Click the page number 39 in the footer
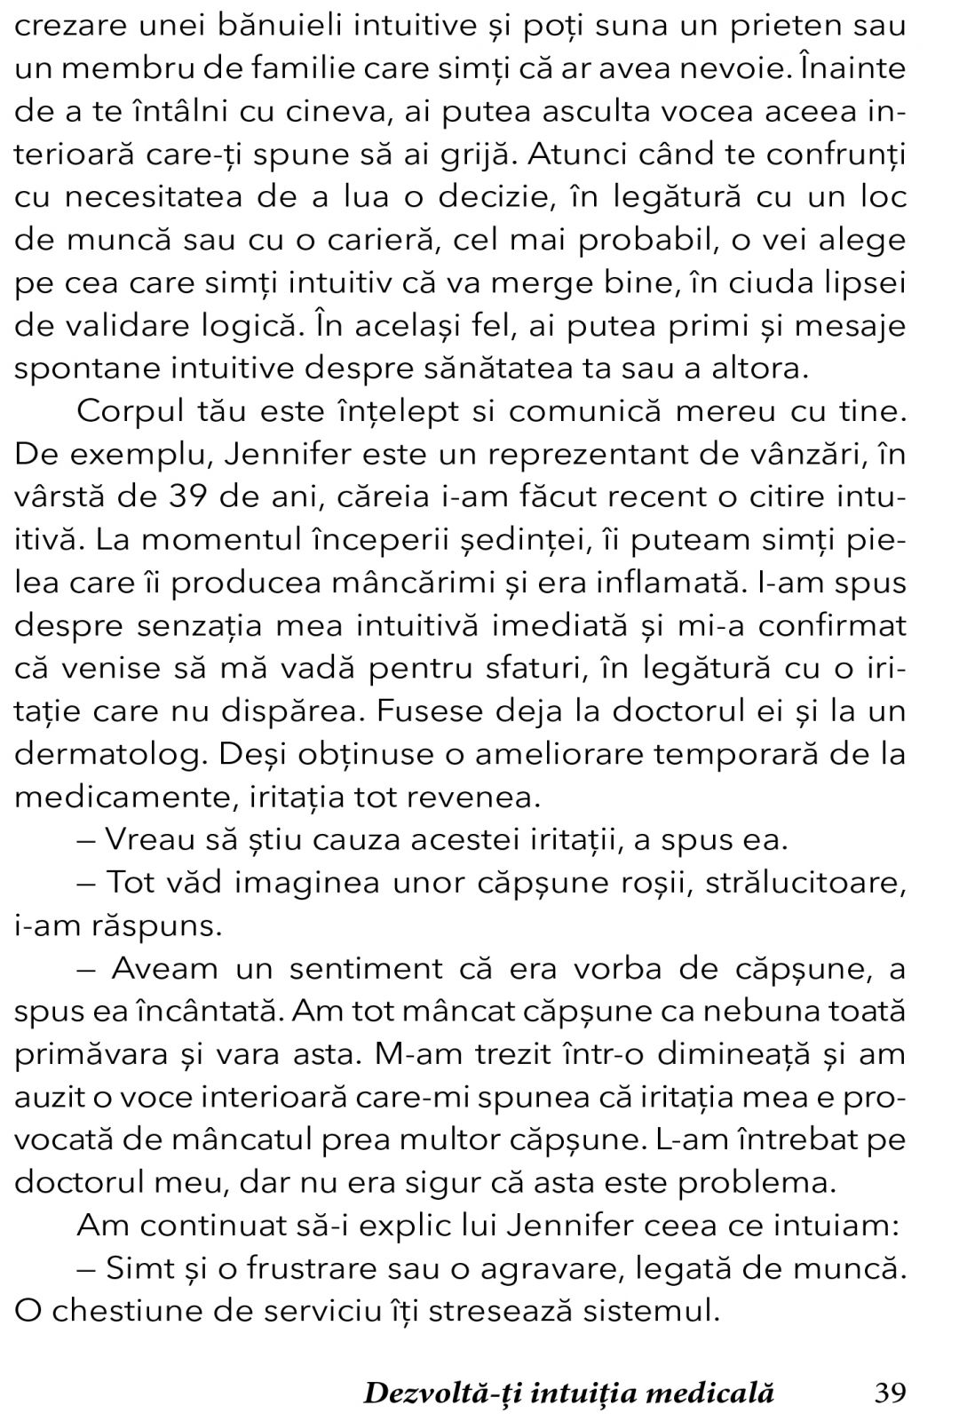coord(891,1392)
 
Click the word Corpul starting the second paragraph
coord(131,411)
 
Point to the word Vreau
coord(151,838)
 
